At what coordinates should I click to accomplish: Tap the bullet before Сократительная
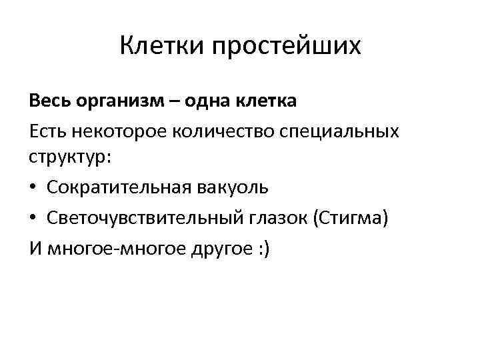pos(33,188)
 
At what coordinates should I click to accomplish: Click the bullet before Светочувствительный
pos(33,217)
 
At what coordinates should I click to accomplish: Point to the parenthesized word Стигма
pos(350,217)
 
